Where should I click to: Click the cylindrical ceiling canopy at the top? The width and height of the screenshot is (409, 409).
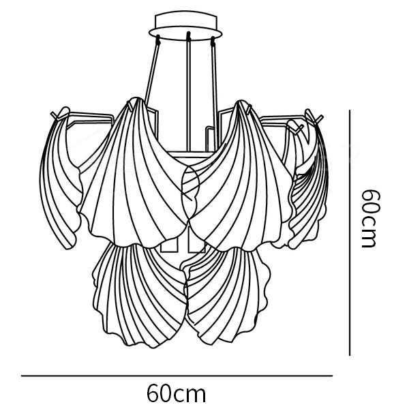tap(185, 20)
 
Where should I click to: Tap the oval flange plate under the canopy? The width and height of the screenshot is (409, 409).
tap(185, 33)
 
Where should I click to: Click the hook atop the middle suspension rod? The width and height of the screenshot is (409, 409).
tap(188, 35)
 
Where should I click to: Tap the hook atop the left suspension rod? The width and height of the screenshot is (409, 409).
tap(158, 39)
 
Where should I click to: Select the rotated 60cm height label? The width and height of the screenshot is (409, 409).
tap(369, 219)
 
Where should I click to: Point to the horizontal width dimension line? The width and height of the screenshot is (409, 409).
tap(177, 376)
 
